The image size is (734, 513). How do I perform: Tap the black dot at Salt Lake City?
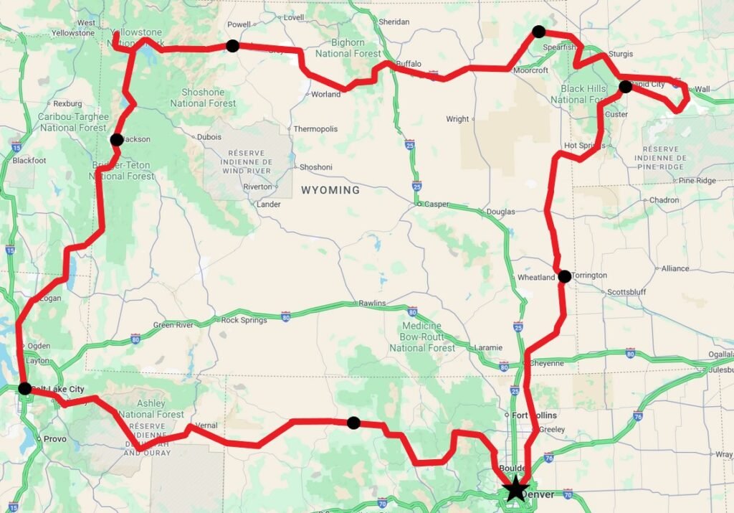click(x=25, y=389)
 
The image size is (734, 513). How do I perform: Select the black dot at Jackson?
click(x=117, y=140)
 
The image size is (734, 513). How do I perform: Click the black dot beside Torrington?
click(x=565, y=276)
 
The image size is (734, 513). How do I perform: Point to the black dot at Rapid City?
click(x=625, y=87)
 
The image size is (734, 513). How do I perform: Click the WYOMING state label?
click(x=330, y=190)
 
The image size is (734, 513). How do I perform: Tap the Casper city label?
click(x=437, y=204)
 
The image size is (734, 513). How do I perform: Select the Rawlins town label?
click(x=372, y=303)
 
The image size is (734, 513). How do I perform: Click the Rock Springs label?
click(x=244, y=320)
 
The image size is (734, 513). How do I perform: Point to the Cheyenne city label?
click(x=546, y=363)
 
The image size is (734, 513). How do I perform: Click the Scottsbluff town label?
click(x=626, y=292)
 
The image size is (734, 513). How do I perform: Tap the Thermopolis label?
click(x=315, y=129)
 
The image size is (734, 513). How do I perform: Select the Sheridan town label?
click(x=394, y=22)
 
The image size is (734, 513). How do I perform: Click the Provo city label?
click(x=54, y=439)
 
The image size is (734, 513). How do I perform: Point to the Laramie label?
click(x=489, y=348)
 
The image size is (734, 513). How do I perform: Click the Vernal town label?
click(x=206, y=425)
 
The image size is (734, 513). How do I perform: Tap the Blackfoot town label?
click(x=29, y=161)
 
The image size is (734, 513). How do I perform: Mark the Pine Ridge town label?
click(x=697, y=181)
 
